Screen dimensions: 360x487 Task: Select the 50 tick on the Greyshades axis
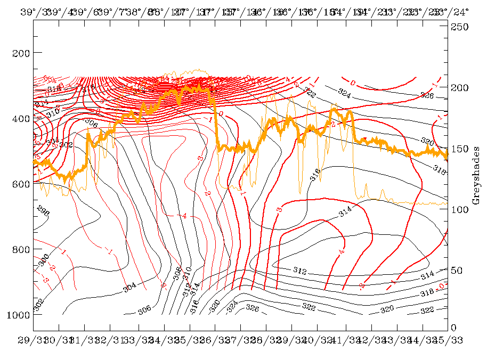pos(456,270)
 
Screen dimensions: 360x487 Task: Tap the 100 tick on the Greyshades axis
pos(458,209)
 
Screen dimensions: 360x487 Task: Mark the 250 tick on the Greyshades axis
pos(458,27)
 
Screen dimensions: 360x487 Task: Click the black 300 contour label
pos(44,259)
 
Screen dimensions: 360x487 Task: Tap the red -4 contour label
pos(184,216)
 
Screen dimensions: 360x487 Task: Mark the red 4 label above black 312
pos(341,251)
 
